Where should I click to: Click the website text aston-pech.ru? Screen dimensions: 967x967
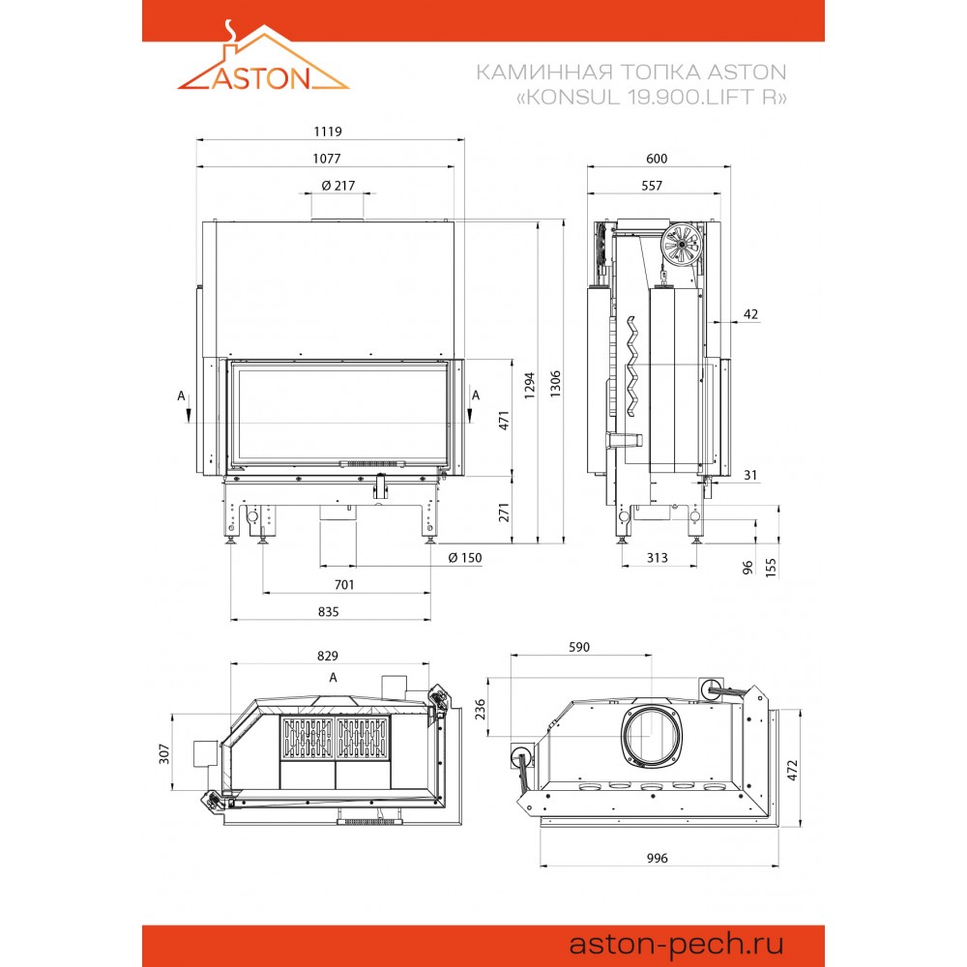pos(676,944)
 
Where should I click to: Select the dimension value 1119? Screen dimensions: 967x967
pos(328,132)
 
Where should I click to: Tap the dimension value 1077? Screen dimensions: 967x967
pos(327,159)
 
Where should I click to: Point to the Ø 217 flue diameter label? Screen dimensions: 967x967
pos(337,185)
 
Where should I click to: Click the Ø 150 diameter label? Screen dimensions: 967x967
pos(465,558)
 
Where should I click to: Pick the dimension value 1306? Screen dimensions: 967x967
pos(556,384)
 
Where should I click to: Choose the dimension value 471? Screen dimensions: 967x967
pos(505,421)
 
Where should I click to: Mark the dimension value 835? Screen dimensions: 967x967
pos(328,612)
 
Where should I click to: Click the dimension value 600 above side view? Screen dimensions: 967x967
pos(657,159)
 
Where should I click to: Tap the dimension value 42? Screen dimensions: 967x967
pos(750,314)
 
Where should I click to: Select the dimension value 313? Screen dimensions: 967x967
pos(658,558)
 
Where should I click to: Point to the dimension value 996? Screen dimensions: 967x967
pos(658,858)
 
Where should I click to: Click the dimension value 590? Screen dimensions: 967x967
pos(579,647)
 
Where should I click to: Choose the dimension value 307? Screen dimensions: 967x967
pos(164,753)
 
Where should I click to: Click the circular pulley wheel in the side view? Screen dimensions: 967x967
pos(682,245)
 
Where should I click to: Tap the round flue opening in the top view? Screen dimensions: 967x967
pos(651,736)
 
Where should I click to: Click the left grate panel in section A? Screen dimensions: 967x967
pos(308,738)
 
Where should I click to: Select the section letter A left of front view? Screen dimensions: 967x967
pos(182,396)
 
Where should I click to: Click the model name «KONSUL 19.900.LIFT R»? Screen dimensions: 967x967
pos(651,98)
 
